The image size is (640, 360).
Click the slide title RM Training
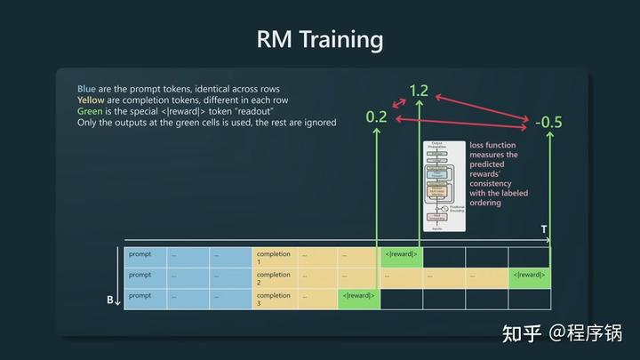click(x=320, y=39)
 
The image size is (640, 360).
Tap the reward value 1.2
click(x=419, y=91)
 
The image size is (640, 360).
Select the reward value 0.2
click(x=377, y=116)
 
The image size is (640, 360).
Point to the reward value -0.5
click(x=548, y=122)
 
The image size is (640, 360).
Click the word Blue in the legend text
click(x=86, y=90)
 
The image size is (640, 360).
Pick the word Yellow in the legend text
click(x=92, y=100)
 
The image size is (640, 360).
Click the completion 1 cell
click(x=274, y=258)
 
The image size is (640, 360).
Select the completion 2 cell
click(x=274, y=278)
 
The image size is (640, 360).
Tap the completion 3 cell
click(x=274, y=299)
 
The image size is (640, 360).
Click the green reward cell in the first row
click(x=401, y=255)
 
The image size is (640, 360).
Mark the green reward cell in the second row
click(x=529, y=276)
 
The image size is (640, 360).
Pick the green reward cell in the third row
click(x=358, y=296)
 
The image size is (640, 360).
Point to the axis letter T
click(x=544, y=230)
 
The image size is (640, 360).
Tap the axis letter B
click(x=110, y=300)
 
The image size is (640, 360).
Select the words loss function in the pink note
click(x=492, y=144)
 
